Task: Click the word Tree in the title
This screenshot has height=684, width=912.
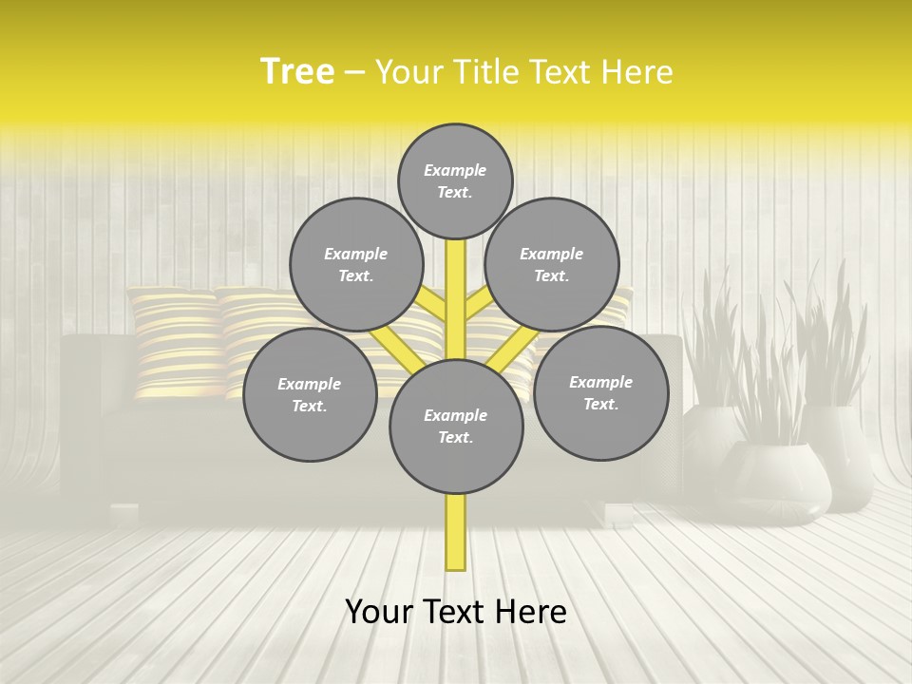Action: pyautogui.click(x=297, y=71)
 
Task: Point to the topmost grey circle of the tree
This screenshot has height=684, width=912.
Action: pyautogui.click(x=455, y=180)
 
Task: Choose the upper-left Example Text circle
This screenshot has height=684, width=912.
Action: pyautogui.click(x=356, y=264)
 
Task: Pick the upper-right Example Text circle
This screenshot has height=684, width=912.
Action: pyautogui.click(x=552, y=264)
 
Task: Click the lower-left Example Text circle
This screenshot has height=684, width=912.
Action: pyautogui.click(x=310, y=394)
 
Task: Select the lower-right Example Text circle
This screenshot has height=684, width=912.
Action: pyautogui.click(x=600, y=392)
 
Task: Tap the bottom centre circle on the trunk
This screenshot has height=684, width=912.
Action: pyautogui.click(x=456, y=427)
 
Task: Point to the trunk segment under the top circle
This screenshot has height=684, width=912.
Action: pyautogui.click(x=456, y=285)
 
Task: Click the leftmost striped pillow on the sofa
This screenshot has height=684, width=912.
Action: pyautogui.click(x=177, y=342)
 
